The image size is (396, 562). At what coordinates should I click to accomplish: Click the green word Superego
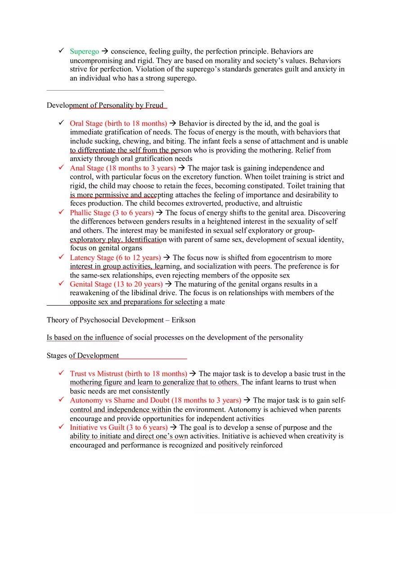point(84,51)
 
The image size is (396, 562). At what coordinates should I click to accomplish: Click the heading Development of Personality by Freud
point(105,105)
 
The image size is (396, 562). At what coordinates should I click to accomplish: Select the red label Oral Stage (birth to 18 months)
point(118,123)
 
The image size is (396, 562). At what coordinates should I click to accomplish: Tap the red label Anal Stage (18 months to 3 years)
point(123,168)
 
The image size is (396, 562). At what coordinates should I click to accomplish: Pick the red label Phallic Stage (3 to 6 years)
point(112,213)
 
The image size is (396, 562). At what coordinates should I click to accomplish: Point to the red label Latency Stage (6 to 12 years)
point(115,257)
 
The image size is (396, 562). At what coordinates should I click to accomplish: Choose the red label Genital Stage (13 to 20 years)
point(116,284)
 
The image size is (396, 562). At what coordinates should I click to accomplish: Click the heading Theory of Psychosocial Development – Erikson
point(121,320)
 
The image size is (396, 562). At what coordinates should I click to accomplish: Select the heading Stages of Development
point(83,356)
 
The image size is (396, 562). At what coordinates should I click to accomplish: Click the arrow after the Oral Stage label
point(173,123)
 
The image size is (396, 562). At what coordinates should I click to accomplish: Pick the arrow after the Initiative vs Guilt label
point(173,427)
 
